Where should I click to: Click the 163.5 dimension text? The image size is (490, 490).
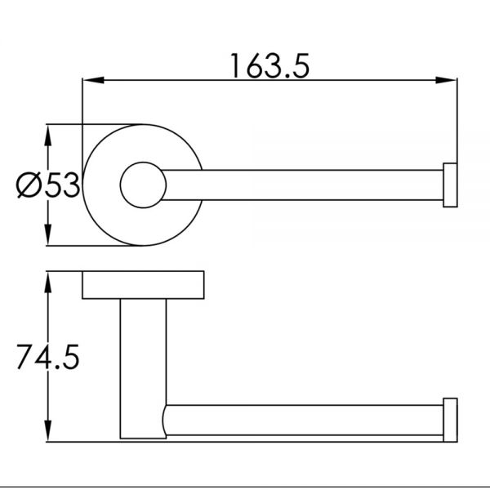tap(270, 66)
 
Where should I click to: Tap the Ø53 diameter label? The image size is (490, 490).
tap(48, 185)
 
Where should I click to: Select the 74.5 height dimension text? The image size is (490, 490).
tap(48, 357)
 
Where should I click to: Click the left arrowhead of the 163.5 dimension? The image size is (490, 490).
tap(93, 80)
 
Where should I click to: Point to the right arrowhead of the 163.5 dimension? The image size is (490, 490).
tap(446, 80)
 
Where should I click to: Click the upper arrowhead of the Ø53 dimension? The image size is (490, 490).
tap(48, 136)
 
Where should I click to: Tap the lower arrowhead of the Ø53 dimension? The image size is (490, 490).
tap(48, 234)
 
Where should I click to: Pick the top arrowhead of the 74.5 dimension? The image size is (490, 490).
tap(48, 283)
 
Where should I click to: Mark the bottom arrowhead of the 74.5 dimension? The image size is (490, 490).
tap(48, 430)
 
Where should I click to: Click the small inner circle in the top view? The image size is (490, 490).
tap(143, 163)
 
